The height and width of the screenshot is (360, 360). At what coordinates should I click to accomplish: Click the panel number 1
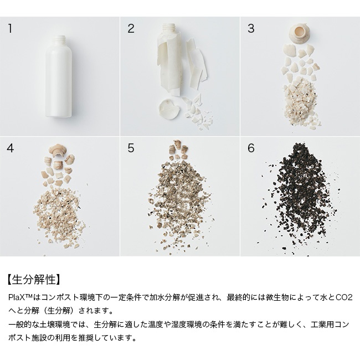click(x=10, y=28)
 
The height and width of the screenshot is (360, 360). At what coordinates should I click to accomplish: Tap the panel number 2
click(x=131, y=28)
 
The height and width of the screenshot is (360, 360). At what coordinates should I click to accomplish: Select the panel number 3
click(x=251, y=28)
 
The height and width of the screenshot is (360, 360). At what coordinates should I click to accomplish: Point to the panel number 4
click(x=11, y=148)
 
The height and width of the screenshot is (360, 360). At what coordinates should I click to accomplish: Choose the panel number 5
click(x=131, y=148)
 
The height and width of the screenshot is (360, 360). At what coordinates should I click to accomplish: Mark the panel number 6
click(x=251, y=148)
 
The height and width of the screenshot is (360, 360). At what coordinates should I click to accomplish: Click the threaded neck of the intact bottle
click(x=59, y=39)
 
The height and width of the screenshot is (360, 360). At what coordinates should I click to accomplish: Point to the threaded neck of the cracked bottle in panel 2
click(x=169, y=27)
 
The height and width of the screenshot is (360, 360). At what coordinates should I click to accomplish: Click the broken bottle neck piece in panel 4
click(x=58, y=150)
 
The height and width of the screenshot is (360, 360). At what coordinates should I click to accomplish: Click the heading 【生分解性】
click(x=34, y=279)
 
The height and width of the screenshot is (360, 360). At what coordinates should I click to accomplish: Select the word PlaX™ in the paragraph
click(x=19, y=298)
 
